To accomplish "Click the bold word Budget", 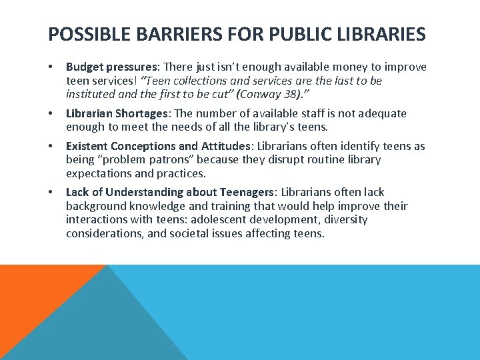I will click(x=85, y=67).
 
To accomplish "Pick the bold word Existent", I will click(x=87, y=146).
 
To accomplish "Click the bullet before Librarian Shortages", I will click(x=51, y=114).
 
